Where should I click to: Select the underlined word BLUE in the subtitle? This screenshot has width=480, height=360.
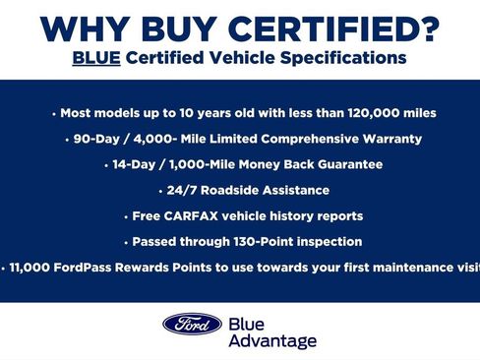coord(94,58)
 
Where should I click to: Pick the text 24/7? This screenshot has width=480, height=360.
coord(182,190)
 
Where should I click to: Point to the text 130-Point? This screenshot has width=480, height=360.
coord(254,241)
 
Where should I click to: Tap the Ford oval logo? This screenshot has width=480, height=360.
coord(192,324)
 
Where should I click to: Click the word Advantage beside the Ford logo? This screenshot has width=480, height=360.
coord(272,340)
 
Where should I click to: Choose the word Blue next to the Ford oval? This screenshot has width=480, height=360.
coord(247,323)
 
